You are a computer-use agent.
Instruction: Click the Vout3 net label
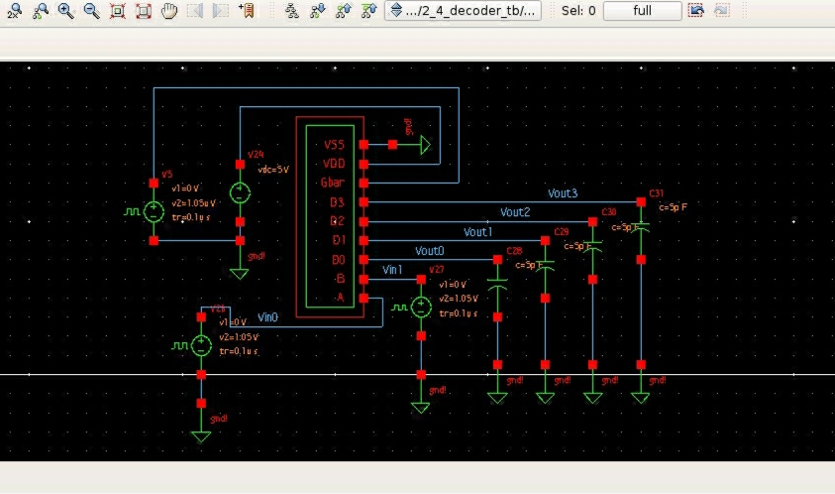click(562, 193)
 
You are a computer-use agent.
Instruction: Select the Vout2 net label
click(514, 212)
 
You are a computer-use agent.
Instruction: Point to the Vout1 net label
click(477, 232)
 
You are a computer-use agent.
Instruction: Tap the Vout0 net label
click(429, 251)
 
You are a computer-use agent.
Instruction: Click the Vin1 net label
click(392, 270)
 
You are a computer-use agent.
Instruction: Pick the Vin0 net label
click(267, 317)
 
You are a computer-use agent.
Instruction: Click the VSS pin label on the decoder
click(333, 145)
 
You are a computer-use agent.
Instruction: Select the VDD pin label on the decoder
click(333, 164)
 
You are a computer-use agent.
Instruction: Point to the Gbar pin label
click(332, 184)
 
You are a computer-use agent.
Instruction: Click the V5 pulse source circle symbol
click(154, 211)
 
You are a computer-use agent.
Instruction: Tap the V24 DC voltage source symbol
click(240, 192)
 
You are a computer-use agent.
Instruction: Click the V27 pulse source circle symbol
click(421, 308)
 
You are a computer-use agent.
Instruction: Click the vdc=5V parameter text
click(272, 170)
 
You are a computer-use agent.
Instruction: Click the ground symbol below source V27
click(421, 405)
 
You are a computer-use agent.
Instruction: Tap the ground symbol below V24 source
click(240, 271)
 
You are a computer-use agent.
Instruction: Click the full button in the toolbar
click(642, 11)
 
